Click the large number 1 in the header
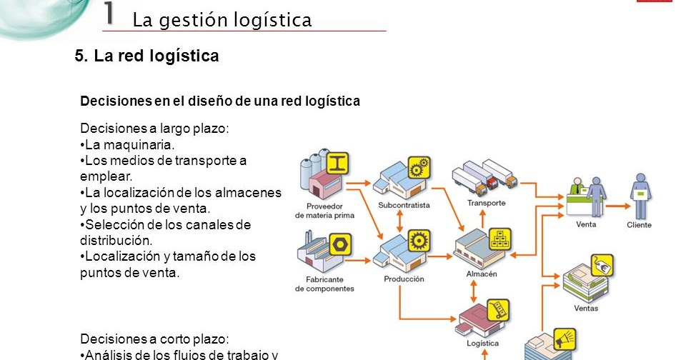tap(109, 14)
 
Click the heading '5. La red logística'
tap(146, 56)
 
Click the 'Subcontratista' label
tap(404, 205)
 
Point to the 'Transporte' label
tap(486, 203)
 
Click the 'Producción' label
tap(404, 279)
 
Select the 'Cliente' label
tap(639, 225)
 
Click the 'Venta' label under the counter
tap(586, 224)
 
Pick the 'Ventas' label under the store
tap(586, 309)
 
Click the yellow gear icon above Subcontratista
tap(419, 167)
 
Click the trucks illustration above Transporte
tap(484, 176)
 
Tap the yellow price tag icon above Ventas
tap(602, 266)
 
